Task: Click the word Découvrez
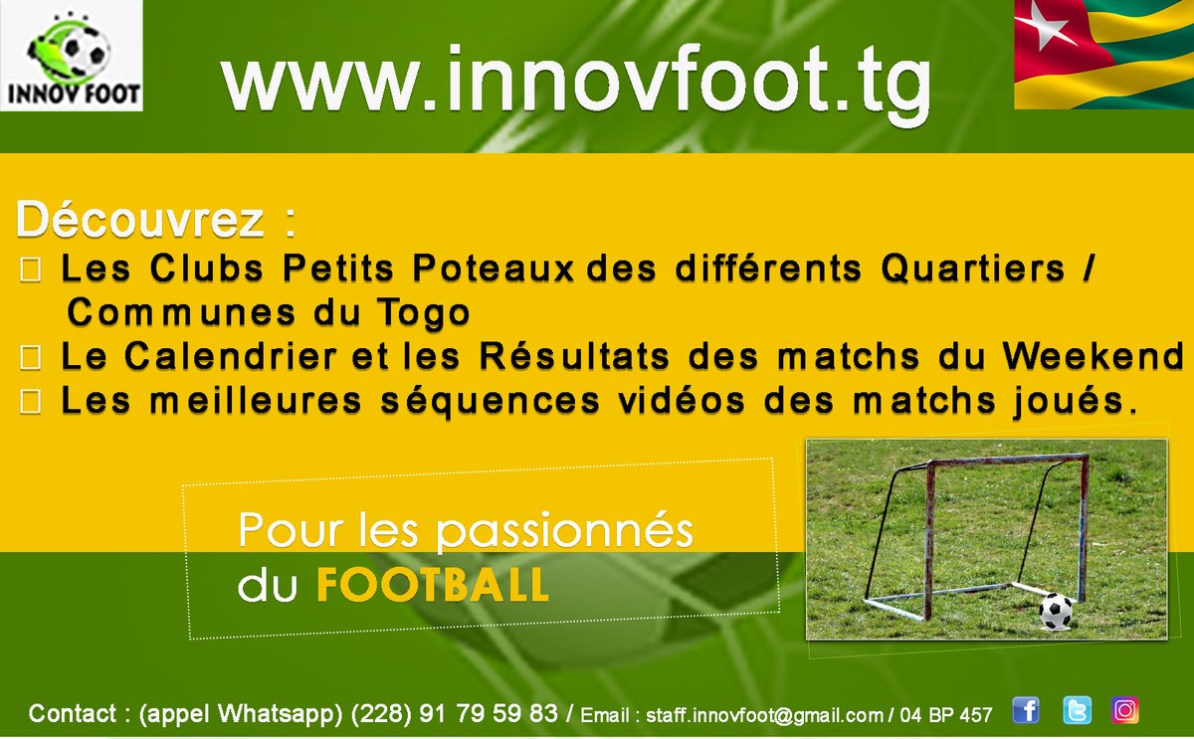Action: pos(140,222)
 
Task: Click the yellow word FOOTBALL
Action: pos(433,586)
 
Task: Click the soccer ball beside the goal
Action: pos(1056,611)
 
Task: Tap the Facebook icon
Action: pos(1025,710)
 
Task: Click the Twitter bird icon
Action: pos(1076,710)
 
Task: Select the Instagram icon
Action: pos(1125,710)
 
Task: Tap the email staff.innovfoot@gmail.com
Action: pos(764,715)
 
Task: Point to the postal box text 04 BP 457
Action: pos(946,715)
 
